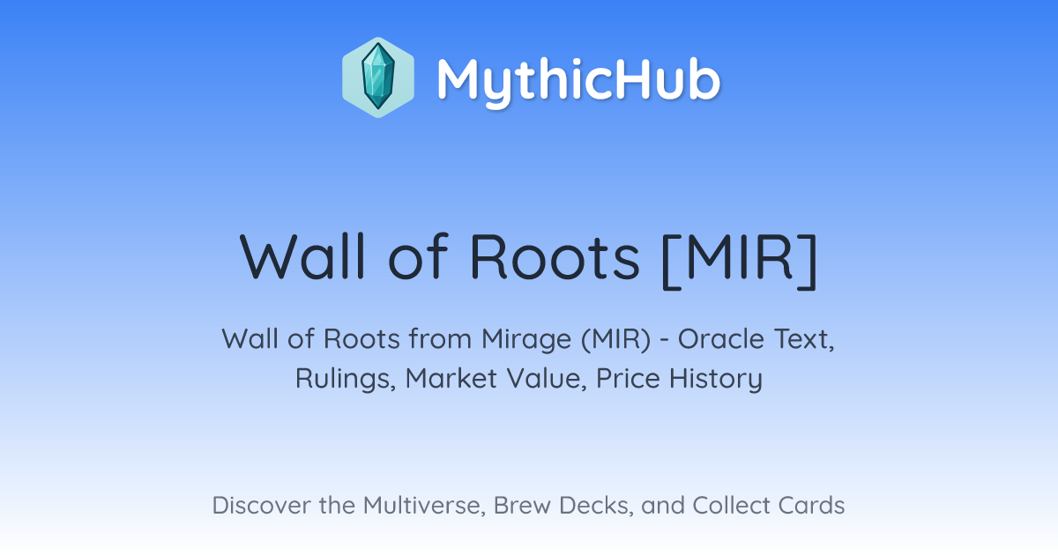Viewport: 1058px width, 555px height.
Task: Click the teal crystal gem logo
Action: click(378, 78)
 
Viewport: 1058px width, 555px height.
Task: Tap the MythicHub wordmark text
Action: click(578, 81)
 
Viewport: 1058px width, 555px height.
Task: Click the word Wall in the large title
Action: click(302, 256)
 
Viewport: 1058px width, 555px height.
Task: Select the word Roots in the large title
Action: click(555, 257)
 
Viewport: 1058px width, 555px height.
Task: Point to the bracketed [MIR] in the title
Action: click(740, 261)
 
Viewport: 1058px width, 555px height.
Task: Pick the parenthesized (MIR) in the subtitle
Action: click(616, 340)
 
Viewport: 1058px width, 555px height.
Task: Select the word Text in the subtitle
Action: click(804, 340)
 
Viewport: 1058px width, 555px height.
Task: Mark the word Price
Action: click(628, 379)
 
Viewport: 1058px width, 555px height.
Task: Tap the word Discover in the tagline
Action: click(261, 506)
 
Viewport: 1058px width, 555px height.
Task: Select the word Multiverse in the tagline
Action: click(424, 506)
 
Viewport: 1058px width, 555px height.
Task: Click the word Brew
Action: click(522, 506)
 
